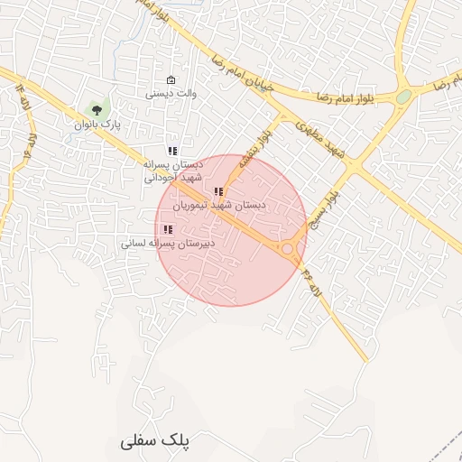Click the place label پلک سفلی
[155, 441]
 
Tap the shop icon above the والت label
[171, 79]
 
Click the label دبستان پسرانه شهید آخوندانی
[172, 171]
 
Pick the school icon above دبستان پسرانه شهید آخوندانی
[172, 151]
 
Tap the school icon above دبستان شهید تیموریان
[218, 191]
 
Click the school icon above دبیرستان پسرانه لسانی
[169, 229]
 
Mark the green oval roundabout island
[403, 97]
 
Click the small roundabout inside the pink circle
[288, 248]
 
